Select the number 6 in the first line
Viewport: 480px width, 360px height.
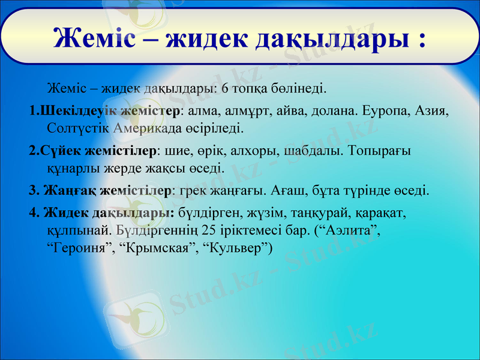pyautogui.click(x=225, y=89)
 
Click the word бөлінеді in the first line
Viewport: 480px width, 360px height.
pyautogui.click(x=299, y=89)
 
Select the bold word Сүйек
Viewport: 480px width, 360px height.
pyautogui.click(x=64, y=151)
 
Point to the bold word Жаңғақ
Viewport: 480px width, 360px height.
pyautogui.click(x=70, y=191)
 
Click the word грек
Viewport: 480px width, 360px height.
pyautogui.click(x=191, y=191)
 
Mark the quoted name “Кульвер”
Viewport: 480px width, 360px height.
pyautogui.click(x=236, y=247)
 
